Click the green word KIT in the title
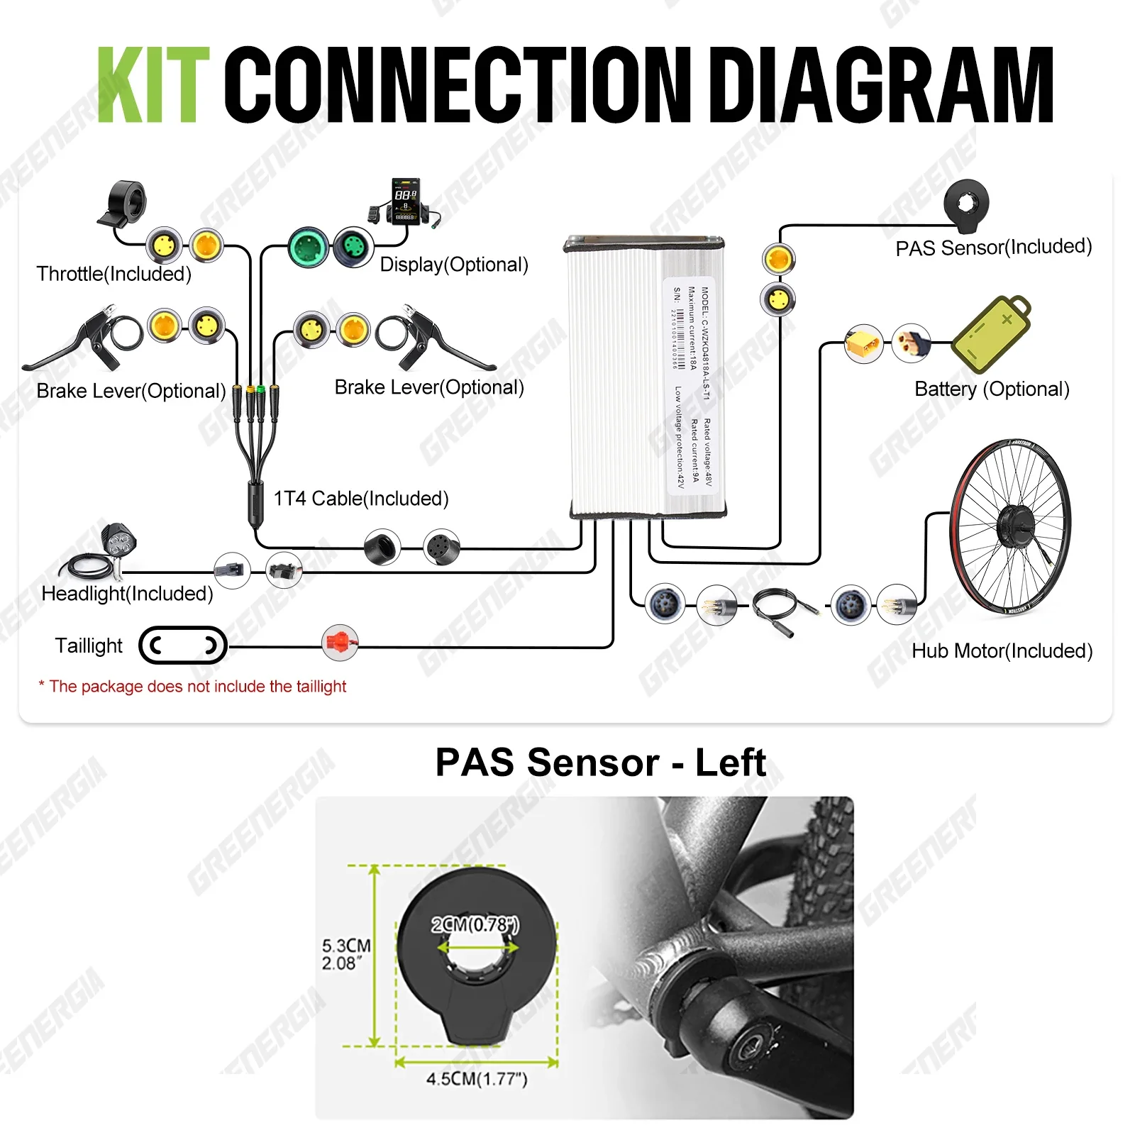pos(153,85)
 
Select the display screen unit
pos(405,201)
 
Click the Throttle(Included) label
pos(114,274)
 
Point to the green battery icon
pos(990,334)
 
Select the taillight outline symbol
pos(183,645)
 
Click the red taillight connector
pos(340,643)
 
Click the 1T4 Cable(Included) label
pos(361,499)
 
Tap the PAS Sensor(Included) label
pos(993,248)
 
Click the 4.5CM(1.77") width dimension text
pos(477,1078)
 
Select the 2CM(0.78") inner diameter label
pos(475,924)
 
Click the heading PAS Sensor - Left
pos(600,763)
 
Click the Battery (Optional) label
pos(992,389)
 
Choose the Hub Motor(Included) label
pos(1002,650)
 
